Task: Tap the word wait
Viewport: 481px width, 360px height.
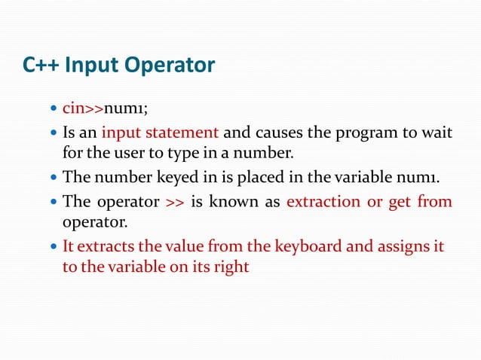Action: pos(438,133)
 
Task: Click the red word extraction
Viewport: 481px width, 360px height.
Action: pos(320,202)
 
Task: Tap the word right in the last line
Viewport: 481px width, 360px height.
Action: pos(231,268)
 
